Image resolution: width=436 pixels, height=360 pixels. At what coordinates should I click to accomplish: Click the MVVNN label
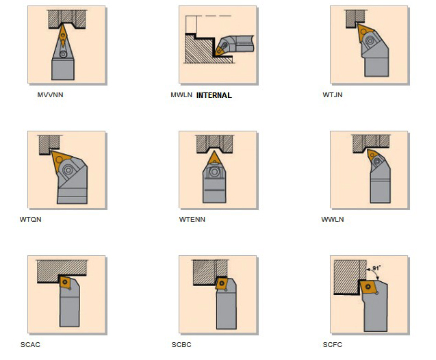point(51,95)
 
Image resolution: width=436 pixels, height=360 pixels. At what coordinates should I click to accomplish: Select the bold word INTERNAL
point(214,95)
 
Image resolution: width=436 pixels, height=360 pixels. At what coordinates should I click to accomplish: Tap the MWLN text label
point(181,95)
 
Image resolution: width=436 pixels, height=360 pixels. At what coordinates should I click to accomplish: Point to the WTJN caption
point(333,95)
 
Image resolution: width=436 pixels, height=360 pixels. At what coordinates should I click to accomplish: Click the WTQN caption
point(31,219)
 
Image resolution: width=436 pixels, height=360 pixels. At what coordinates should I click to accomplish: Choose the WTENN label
point(192,219)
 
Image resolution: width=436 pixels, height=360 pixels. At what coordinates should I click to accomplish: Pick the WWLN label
point(333,219)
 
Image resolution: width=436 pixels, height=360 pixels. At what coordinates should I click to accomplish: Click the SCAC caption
point(30,345)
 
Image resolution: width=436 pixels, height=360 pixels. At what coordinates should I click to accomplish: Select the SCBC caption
point(181,345)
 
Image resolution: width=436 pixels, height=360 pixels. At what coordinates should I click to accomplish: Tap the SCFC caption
point(333,345)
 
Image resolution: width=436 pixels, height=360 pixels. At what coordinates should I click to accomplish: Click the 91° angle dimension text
point(376,268)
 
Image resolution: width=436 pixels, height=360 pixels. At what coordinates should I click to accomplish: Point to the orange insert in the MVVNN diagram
point(63,36)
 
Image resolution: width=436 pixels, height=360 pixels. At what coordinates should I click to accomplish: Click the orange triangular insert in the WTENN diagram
point(214,159)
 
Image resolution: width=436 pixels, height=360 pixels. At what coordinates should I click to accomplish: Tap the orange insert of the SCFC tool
point(368,287)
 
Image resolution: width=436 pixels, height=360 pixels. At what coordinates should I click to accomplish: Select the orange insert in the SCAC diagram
point(65,282)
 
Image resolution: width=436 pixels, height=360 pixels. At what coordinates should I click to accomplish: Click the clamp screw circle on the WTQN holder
point(68,170)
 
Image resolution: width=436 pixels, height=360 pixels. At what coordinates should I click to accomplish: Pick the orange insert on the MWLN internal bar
point(221,50)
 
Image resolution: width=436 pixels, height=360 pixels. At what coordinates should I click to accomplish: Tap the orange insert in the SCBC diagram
point(222,283)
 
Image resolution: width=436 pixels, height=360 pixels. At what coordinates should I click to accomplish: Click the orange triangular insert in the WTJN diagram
point(364,31)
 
